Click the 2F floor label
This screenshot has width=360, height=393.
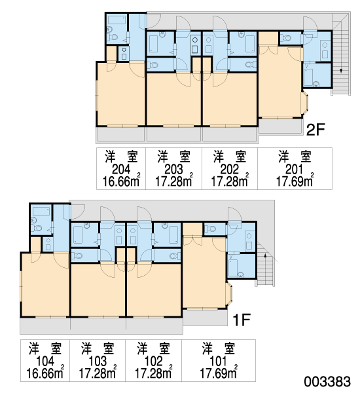pos(315,130)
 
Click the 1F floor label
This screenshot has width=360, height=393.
pos(242,320)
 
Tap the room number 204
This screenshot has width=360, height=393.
pos(121,170)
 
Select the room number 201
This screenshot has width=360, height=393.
pos(295,170)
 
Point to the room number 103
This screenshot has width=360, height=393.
pos(98,361)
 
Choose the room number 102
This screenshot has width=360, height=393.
pos(154,361)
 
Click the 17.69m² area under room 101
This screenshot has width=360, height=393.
pos(219,373)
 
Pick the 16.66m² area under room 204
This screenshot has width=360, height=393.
pos(121,181)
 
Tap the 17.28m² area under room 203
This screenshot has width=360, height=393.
pos(174,181)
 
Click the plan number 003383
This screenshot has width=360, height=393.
pos(327,382)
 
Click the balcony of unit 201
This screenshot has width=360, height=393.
pos(281,125)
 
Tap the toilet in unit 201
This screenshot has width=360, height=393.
pos(285,38)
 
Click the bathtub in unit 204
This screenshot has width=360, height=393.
pos(117,20)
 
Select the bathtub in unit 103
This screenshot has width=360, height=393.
pos(78,234)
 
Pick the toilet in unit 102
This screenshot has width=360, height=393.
pos(174,256)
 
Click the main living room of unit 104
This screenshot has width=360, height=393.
pos(45,284)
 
